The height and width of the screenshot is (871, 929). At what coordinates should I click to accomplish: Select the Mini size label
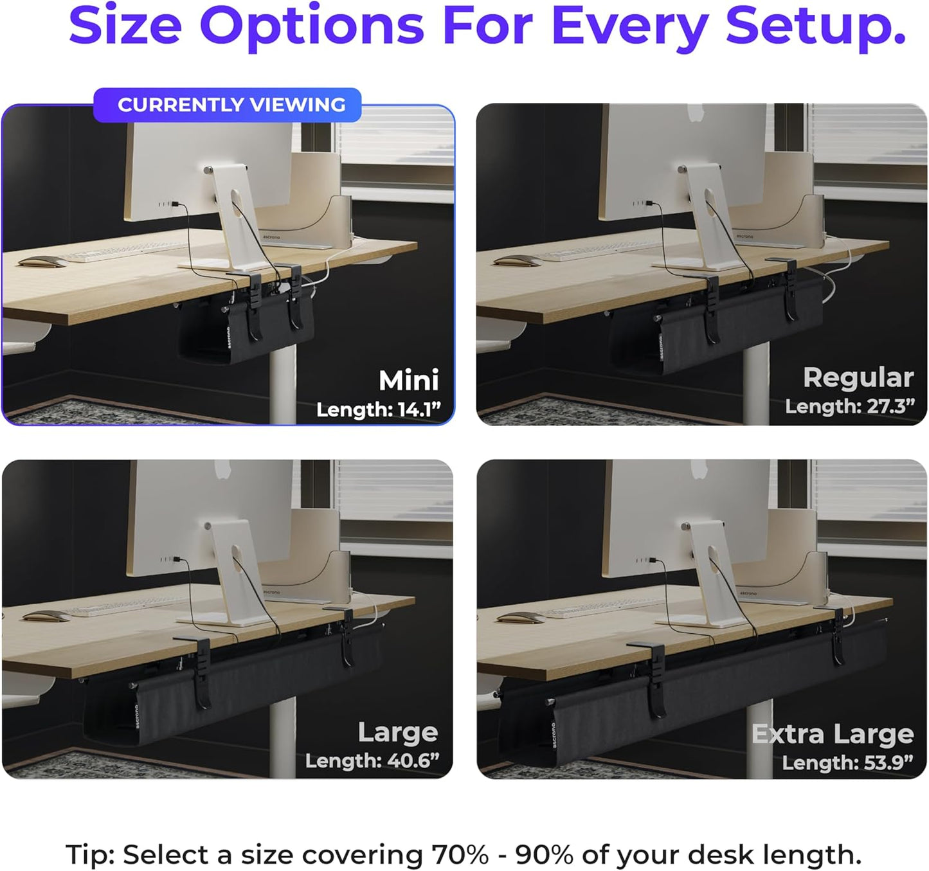click(x=408, y=380)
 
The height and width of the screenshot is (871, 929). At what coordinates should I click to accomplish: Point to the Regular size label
click(x=858, y=377)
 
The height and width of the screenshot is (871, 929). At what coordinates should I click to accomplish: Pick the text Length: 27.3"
click(x=849, y=406)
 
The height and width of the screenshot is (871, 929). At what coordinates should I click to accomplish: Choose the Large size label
click(x=397, y=732)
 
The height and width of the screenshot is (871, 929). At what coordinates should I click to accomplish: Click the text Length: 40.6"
click(x=372, y=760)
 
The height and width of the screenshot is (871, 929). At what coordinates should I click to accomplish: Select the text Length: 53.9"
click(x=847, y=762)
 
